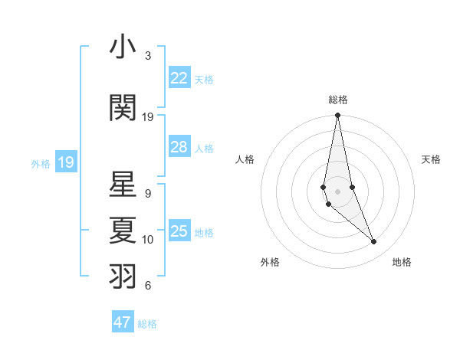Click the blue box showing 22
tap(179, 78)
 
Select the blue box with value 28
tap(179, 147)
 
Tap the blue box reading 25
tap(179, 231)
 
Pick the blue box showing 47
tap(123, 322)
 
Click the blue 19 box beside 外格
tap(66, 162)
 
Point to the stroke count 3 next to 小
tap(148, 56)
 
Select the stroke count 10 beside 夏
tap(148, 240)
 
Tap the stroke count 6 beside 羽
tap(148, 286)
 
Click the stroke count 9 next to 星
tap(148, 194)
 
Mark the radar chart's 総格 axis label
tap(337, 100)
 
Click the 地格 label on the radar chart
tap(402, 262)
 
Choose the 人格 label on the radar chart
tap(245, 159)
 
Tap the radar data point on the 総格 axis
tap(337, 116)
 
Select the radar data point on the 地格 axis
tap(374, 242)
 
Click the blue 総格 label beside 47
tap(148, 324)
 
